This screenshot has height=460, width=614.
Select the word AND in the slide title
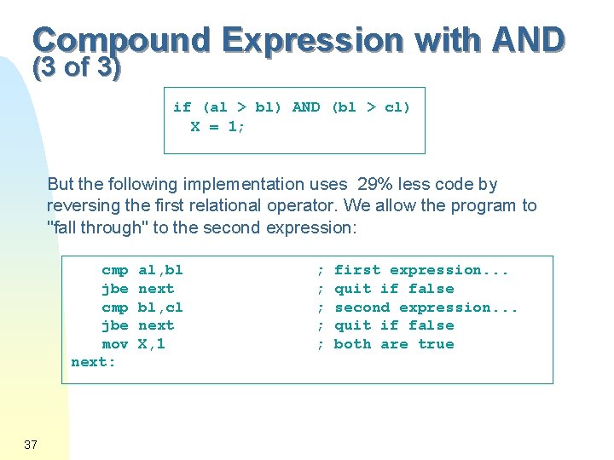coord(528,40)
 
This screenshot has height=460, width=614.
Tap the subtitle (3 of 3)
coord(77,67)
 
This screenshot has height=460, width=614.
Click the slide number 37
coord(32,445)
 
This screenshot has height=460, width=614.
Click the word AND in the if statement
coord(306,107)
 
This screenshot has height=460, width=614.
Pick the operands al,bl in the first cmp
coord(160,270)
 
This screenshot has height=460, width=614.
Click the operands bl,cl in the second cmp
coord(160,308)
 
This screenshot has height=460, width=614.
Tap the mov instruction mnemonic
coord(115,344)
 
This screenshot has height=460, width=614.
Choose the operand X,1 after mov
coord(152,344)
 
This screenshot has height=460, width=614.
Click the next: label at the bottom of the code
coord(94,363)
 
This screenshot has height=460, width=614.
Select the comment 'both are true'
coord(394,344)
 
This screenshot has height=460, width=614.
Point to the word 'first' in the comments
coord(357,270)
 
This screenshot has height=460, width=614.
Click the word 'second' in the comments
coord(362,308)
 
